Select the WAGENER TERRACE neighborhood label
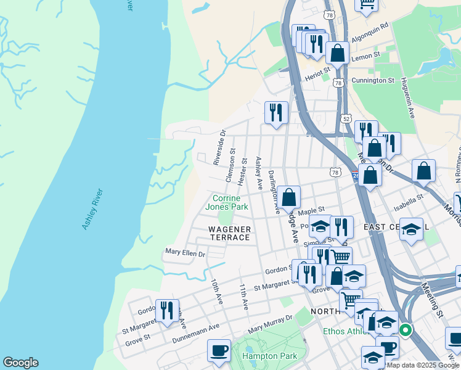[x=229, y=234]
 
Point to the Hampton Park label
[x=269, y=356]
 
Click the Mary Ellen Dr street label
[x=185, y=253]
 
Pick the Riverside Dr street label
[x=219, y=147]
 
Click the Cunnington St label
[x=372, y=80]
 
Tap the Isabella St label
[x=410, y=199]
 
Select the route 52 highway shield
[x=346, y=118]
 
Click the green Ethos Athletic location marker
[x=405, y=330]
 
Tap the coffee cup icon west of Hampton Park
[x=219, y=350]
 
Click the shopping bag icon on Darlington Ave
[x=288, y=198]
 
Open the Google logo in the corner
[x=21, y=363]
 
